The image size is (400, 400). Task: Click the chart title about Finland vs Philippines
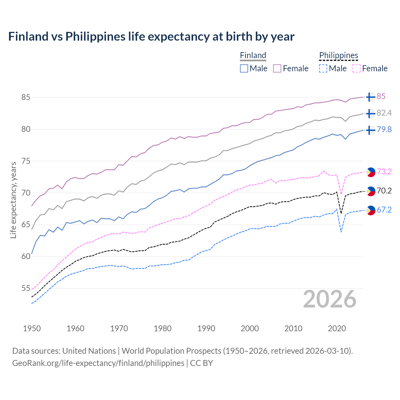[x=151, y=37]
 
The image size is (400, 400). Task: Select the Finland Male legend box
[x=244, y=68]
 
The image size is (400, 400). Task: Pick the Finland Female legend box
[x=277, y=68]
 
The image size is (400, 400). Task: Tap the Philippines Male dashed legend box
[x=323, y=68]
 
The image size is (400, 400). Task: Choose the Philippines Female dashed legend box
[x=357, y=68]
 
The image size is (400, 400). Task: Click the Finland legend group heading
[x=253, y=55]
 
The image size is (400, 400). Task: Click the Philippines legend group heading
[x=338, y=55]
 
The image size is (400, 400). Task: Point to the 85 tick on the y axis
[x=26, y=97]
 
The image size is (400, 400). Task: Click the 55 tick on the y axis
[x=26, y=288]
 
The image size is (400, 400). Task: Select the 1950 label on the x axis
[x=32, y=328]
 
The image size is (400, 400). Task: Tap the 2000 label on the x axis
[x=250, y=328]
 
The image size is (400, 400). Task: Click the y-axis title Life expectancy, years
[x=13, y=200]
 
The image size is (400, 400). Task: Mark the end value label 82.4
[x=384, y=113]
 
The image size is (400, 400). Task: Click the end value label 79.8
[x=384, y=129]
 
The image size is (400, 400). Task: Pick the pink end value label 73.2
[x=384, y=172]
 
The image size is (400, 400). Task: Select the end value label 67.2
[x=384, y=210]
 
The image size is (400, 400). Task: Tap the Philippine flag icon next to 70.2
[x=371, y=191]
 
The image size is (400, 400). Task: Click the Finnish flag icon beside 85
[x=370, y=97]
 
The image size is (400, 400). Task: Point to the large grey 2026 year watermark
[x=330, y=299]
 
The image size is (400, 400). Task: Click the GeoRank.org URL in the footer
[x=98, y=363]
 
